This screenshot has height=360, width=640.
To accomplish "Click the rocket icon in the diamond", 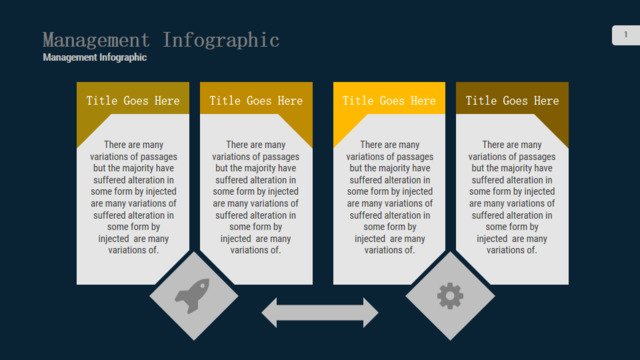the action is pyautogui.click(x=193, y=296).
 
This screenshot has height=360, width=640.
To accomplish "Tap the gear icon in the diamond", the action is pyautogui.click(x=450, y=296).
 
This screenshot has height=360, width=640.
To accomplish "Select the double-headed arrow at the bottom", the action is pyautogui.click(x=320, y=313).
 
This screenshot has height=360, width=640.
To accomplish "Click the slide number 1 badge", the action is pyautogui.click(x=626, y=35).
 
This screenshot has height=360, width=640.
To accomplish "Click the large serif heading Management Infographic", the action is pyautogui.click(x=161, y=40).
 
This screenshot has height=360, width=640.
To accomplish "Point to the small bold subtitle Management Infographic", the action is pyautogui.click(x=95, y=58).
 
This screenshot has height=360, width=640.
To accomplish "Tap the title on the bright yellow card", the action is pyautogui.click(x=389, y=101).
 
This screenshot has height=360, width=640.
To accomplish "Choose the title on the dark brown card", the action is pyautogui.click(x=512, y=101).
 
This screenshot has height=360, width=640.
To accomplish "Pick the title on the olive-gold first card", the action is pyautogui.click(x=133, y=101).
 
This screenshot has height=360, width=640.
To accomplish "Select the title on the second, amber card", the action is pyautogui.click(x=256, y=101).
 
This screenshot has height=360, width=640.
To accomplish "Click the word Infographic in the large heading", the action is pyautogui.click(x=221, y=40).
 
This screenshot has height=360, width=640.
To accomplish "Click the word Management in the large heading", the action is pyautogui.click(x=96, y=40).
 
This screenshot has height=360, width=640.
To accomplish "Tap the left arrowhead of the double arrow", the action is pyautogui.click(x=269, y=313).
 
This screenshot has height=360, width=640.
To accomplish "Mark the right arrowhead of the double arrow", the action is pyautogui.click(x=371, y=313).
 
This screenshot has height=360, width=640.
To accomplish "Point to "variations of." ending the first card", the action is pyautogui.click(x=133, y=250).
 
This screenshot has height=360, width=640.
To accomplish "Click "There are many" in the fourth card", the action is pyautogui.click(x=512, y=145).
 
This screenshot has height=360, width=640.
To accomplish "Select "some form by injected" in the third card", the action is pyautogui.click(x=390, y=191).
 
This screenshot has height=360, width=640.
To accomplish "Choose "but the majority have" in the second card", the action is pyautogui.click(x=256, y=168).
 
